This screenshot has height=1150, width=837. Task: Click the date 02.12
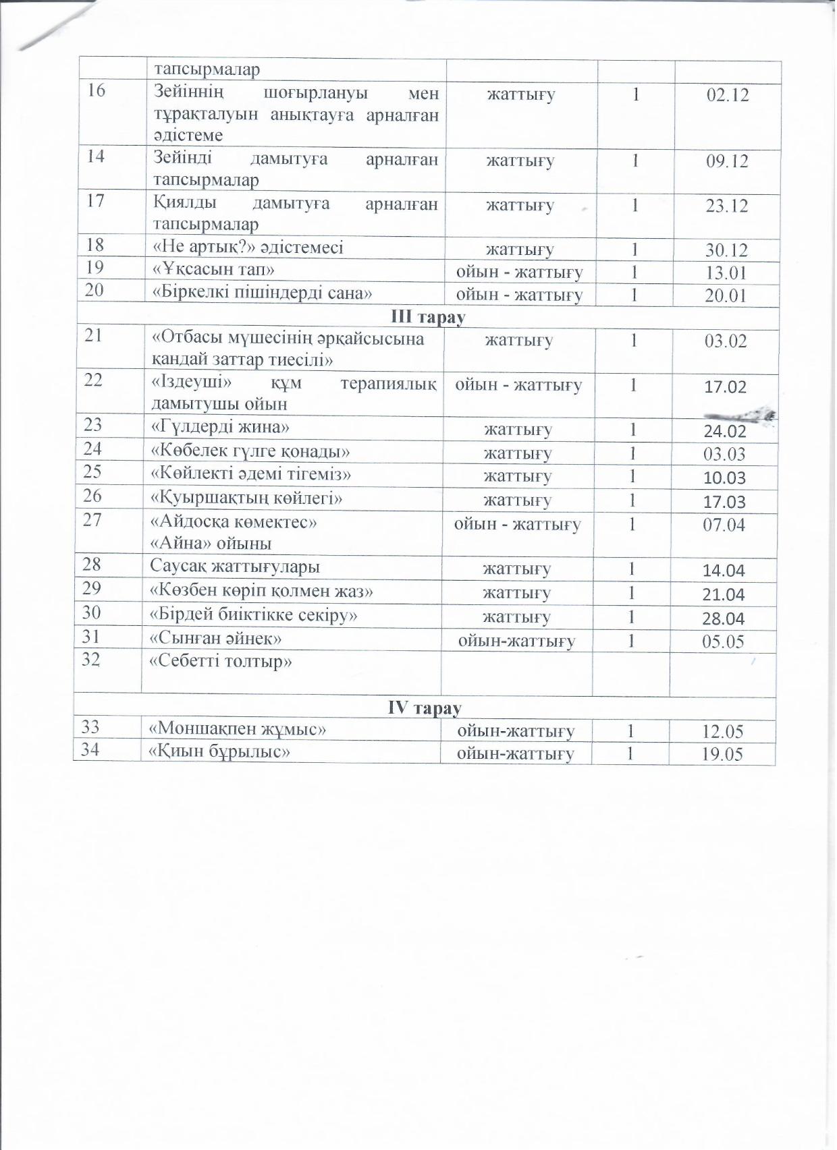point(728,95)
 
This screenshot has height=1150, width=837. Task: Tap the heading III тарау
point(428,317)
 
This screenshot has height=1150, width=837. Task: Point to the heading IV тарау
point(425,708)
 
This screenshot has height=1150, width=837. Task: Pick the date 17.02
point(725,387)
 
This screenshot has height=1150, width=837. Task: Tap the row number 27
point(92,521)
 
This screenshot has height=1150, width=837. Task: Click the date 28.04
point(724,619)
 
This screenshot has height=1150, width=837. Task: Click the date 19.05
point(722,754)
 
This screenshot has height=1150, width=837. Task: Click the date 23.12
point(727,206)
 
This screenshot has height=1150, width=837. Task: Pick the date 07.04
point(724,524)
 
